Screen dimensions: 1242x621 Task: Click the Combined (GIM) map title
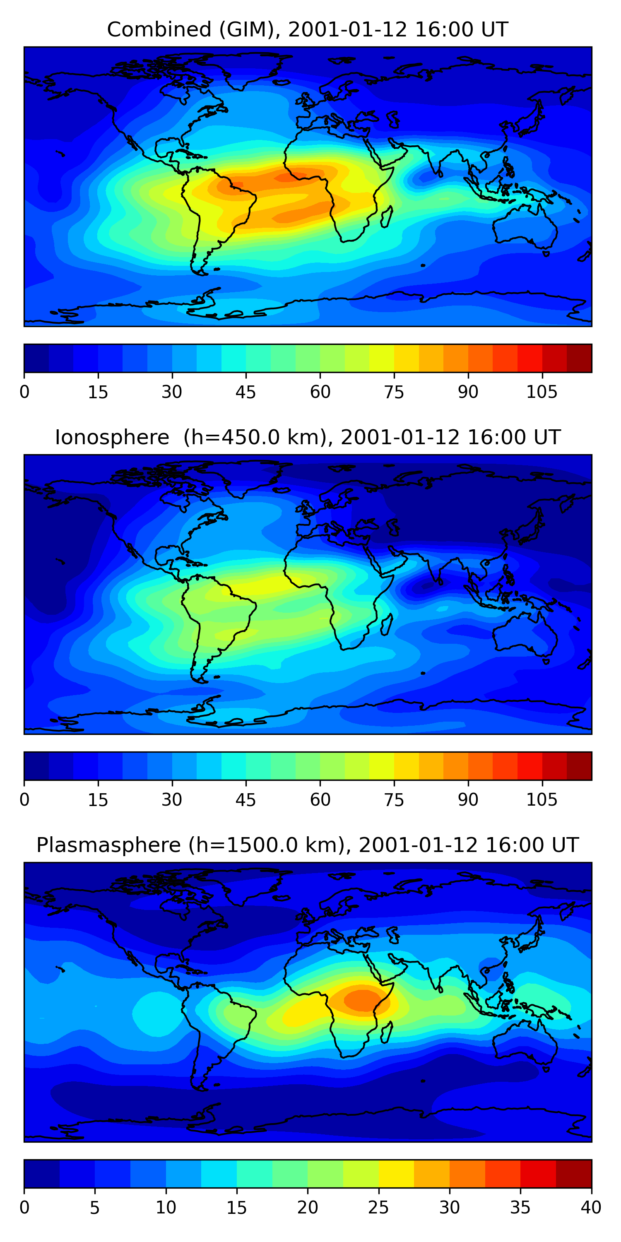point(307,30)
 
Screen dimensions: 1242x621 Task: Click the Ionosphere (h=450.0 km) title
point(307,438)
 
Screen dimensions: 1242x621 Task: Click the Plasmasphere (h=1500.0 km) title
point(307,845)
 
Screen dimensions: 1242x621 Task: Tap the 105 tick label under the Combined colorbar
point(542,392)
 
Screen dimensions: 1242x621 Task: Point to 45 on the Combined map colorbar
point(246,392)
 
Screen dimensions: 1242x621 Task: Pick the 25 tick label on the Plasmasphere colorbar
point(378,1208)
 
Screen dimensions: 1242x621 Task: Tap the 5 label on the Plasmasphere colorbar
point(94,1208)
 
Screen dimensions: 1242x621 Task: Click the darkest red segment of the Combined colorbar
point(579,358)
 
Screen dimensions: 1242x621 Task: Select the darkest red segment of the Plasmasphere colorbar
point(574,1174)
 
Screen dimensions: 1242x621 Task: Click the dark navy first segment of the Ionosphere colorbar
point(37,765)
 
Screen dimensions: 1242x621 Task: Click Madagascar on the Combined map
point(386,217)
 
